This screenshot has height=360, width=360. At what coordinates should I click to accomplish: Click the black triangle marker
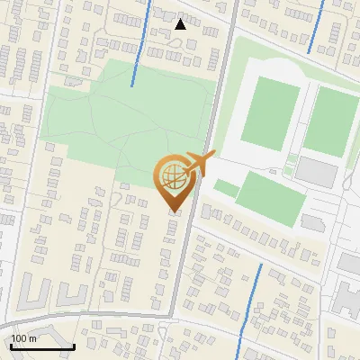pos(180,24)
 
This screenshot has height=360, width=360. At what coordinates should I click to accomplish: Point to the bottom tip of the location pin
pos(174,211)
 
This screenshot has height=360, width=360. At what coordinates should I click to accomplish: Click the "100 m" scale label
pos(23,338)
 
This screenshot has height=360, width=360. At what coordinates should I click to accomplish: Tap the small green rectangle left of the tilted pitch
pos(226,189)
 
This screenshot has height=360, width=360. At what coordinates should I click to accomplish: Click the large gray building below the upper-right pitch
pos(316,170)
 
